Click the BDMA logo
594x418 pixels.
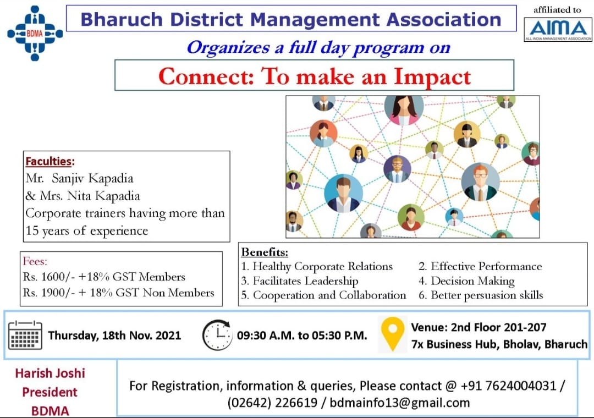point(35,34)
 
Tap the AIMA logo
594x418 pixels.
point(558,29)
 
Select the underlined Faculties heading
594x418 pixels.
point(48,162)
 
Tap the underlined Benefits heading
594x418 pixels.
point(265,252)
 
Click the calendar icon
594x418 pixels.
point(25,335)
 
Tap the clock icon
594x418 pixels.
point(217,335)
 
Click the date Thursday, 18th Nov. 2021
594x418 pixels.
point(114,335)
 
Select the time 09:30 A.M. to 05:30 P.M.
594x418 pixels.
point(302,335)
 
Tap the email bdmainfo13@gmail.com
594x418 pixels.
point(400,403)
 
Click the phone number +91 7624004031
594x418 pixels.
point(509,386)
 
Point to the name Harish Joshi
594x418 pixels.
point(50,373)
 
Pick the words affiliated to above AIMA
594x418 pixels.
point(557,10)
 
